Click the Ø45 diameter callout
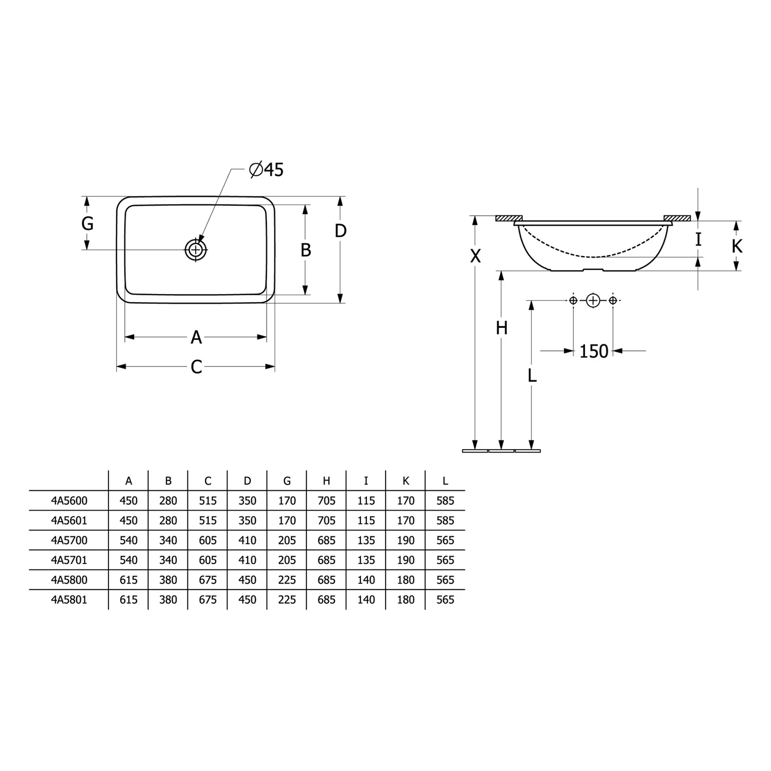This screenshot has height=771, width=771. [x=266, y=169]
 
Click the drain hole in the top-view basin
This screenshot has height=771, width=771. [x=196, y=250]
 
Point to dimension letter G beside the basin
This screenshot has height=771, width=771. [x=87, y=224]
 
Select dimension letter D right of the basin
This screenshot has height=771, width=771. [x=340, y=231]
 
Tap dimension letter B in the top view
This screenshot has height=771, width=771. [x=305, y=250]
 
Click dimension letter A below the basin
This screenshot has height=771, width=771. [x=196, y=338]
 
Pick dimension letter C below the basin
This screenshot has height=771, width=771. [x=196, y=367]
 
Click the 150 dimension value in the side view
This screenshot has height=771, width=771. [x=594, y=352]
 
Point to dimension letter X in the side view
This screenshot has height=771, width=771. [x=475, y=255]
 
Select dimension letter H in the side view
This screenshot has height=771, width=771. [x=502, y=328]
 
